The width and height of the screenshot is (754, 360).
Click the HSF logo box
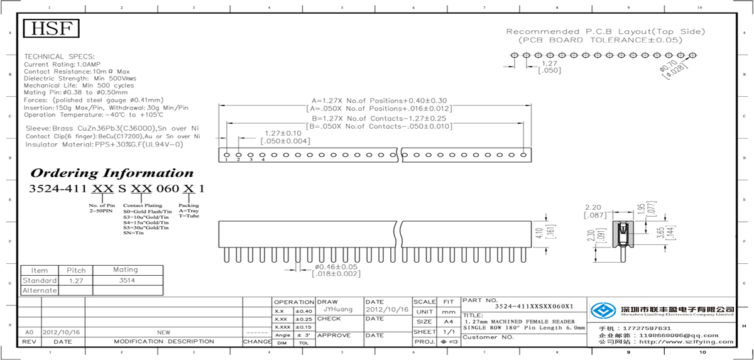[x=52, y=29]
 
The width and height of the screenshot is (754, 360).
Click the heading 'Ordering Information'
[x=112, y=173]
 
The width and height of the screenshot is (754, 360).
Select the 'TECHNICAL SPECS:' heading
[x=59, y=57]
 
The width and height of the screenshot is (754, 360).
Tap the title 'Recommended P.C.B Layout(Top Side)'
[x=606, y=31]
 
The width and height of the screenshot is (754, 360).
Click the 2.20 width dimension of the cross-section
[x=594, y=207]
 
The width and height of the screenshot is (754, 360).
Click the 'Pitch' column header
[x=76, y=270]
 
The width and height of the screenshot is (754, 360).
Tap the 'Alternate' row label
[x=40, y=290]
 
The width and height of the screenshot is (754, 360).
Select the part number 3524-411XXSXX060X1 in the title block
[x=534, y=307]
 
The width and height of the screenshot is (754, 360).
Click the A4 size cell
[x=449, y=322]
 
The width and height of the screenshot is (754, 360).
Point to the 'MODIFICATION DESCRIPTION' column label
[x=163, y=341]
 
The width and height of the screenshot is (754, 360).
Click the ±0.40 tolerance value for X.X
[x=304, y=311]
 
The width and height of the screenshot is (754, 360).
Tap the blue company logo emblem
[x=603, y=310]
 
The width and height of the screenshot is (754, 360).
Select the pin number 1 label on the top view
[x=226, y=160]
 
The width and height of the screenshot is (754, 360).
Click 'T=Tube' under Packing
[x=188, y=215]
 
